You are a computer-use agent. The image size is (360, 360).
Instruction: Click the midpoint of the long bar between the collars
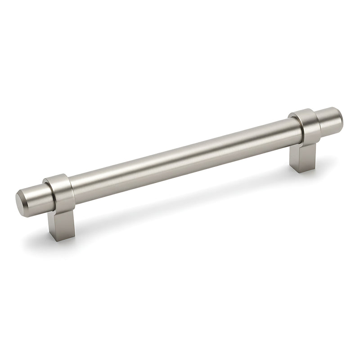click(180, 155)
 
